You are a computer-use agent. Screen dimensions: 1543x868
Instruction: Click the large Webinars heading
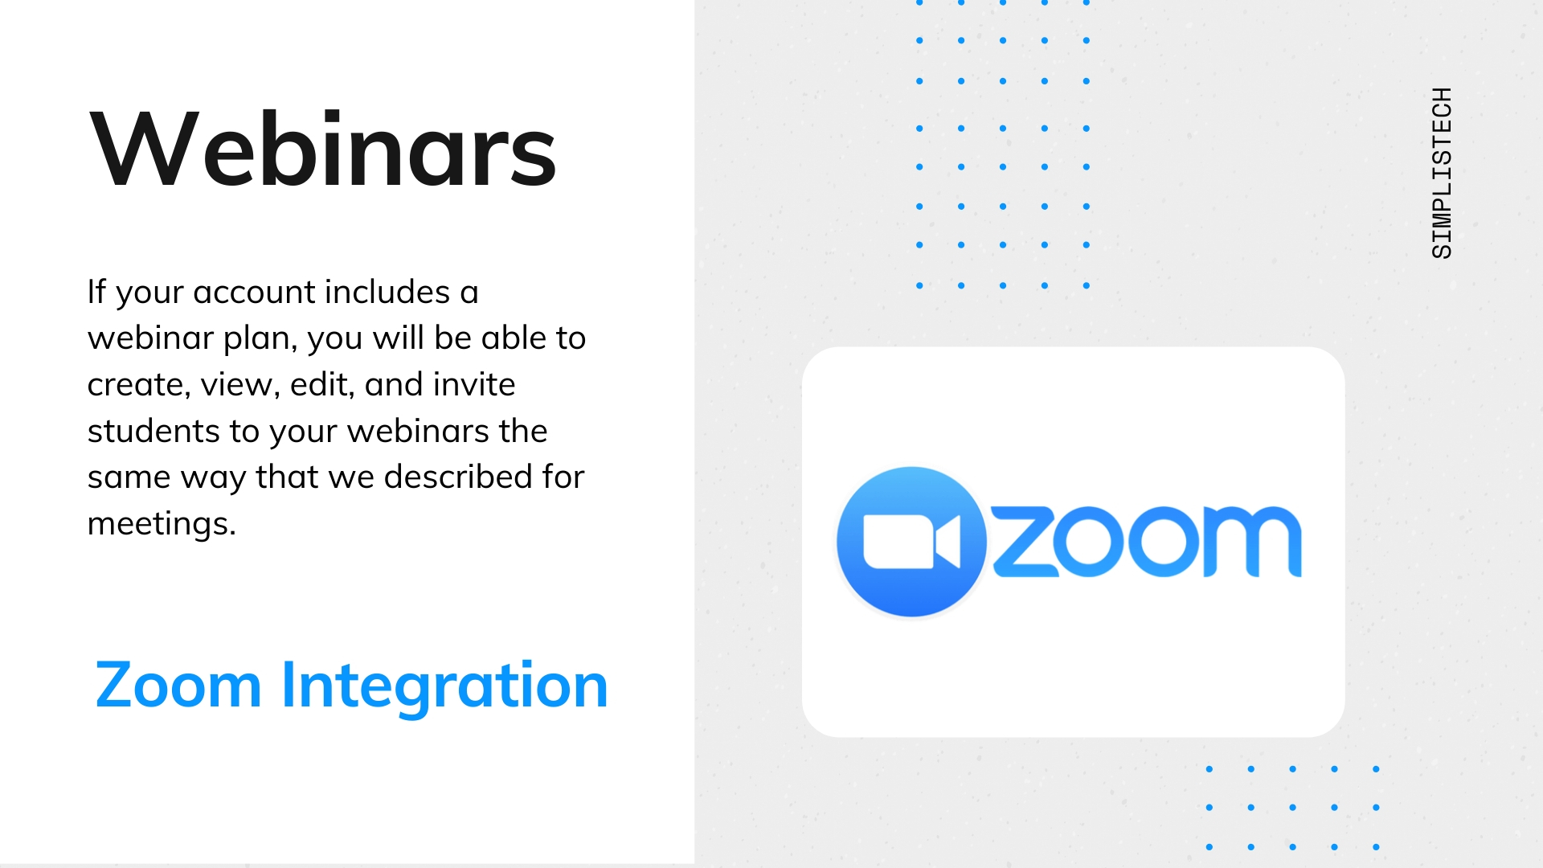[323, 149]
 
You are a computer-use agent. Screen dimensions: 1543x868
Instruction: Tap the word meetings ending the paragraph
[162, 525]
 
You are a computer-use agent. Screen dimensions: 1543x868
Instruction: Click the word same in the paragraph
[129, 478]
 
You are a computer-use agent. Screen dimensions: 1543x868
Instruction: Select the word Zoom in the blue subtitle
[178, 686]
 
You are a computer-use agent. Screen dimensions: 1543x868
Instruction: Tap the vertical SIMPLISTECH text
[1443, 173]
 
